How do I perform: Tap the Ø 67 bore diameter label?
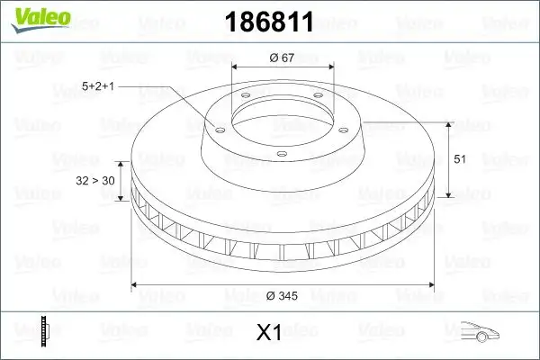point(282,58)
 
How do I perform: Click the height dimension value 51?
point(459,158)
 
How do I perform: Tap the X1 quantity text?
point(269,333)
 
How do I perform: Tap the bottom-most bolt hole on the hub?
point(281,154)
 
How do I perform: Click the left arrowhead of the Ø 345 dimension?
point(136,285)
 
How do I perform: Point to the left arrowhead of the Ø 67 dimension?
point(236,67)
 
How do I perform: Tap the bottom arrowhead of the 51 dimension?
point(447,195)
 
